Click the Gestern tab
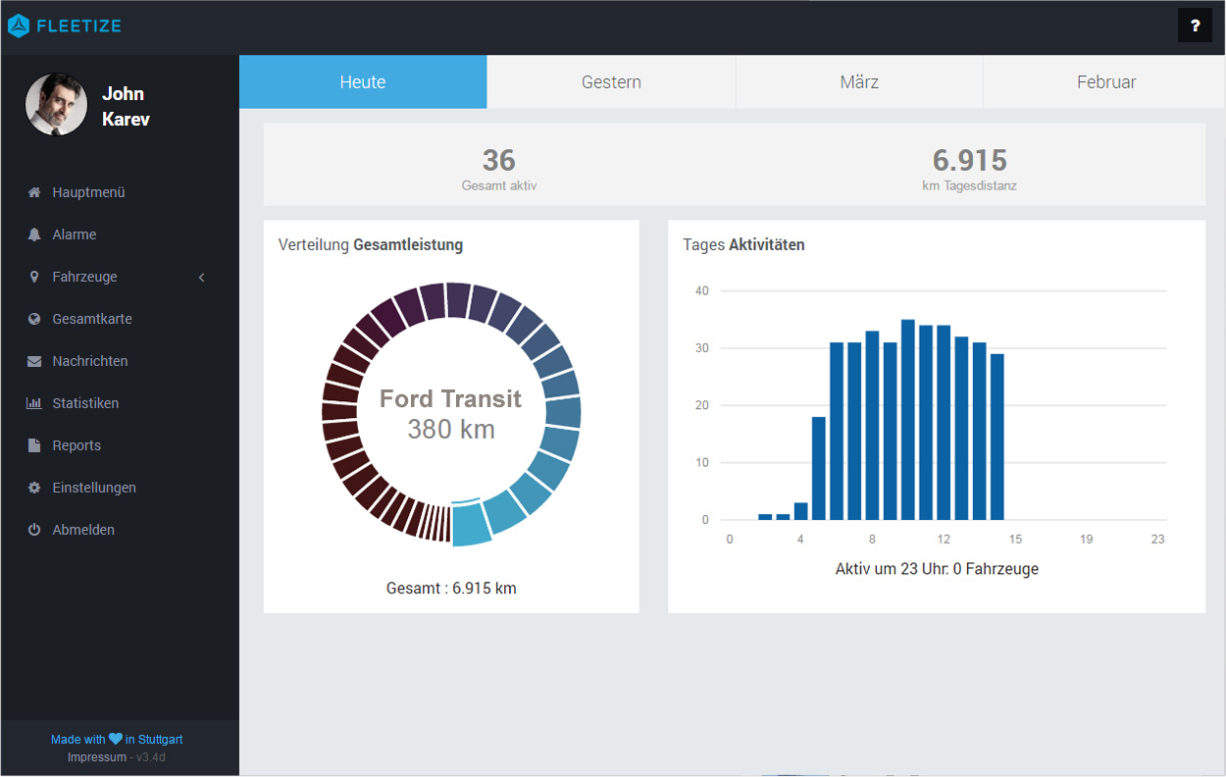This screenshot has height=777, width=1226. [x=611, y=82]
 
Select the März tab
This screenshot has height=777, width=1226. [x=859, y=82]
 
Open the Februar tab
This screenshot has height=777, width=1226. [x=1105, y=82]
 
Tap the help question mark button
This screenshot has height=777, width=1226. [x=1195, y=26]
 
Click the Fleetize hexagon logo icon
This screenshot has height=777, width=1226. [x=19, y=26]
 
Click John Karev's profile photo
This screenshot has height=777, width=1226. [x=56, y=104]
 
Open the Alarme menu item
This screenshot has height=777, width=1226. [x=74, y=234]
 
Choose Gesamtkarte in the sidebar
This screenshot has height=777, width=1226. [x=92, y=319]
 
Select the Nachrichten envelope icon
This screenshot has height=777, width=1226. [x=34, y=361]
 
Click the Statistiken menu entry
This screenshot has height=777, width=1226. [x=85, y=403]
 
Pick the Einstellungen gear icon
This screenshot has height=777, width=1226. [x=34, y=488]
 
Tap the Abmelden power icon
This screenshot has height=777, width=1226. [x=34, y=530]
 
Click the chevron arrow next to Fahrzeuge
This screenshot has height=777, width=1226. [x=201, y=277]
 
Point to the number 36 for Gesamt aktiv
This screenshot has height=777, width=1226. [x=498, y=161]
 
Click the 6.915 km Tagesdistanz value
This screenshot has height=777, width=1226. [x=969, y=161]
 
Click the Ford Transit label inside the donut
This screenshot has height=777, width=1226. [x=450, y=398]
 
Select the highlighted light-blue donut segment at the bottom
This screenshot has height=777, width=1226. [x=471, y=524]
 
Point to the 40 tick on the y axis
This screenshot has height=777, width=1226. [x=701, y=290]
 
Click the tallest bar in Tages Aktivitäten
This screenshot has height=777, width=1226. [x=908, y=420]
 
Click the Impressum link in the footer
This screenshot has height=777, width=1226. [x=97, y=757]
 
